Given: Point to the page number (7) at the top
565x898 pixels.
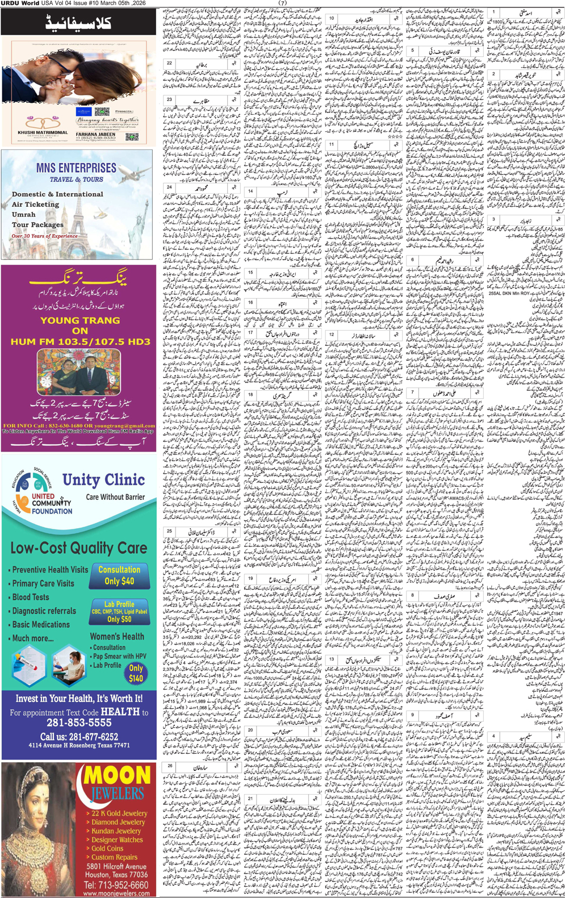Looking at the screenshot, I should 282,3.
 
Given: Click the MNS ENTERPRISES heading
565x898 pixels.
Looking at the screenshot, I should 76,168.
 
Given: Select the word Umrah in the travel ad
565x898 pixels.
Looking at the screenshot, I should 24,215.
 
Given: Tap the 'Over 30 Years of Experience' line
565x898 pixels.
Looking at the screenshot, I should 45,236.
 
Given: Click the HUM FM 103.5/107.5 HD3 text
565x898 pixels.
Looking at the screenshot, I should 80,341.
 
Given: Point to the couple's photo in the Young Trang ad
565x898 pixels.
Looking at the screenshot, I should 79,372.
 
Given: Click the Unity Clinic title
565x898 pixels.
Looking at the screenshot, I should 103,481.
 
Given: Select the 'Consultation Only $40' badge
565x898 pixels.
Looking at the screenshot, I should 119,575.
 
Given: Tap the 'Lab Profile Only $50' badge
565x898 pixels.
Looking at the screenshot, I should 119,612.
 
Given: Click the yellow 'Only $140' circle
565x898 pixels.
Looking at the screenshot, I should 136,674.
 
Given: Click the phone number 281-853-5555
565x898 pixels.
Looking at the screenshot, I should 79,722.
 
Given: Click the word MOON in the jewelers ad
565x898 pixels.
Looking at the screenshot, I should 118,775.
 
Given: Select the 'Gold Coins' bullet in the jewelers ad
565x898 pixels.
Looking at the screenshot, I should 107,848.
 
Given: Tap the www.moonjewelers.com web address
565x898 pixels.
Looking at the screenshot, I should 116,893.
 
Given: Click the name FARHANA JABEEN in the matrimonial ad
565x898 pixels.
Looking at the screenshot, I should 95,135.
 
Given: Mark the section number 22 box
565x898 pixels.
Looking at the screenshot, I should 169,63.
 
